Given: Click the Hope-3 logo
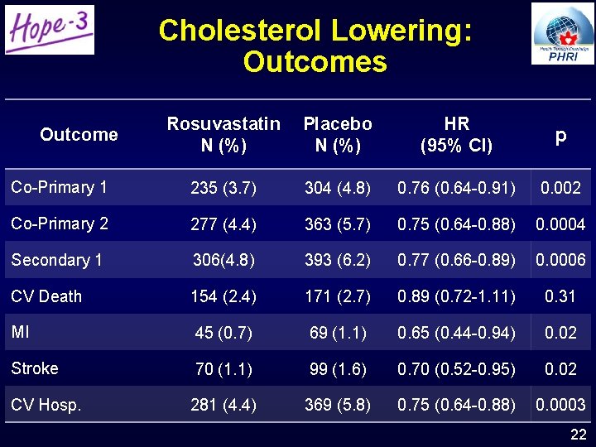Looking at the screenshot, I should pyautogui.click(x=49, y=30).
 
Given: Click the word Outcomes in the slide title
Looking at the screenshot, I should pyautogui.click(x=315, y=62).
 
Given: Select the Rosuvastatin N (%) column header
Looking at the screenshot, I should pyautogui.click(x=223, y=135).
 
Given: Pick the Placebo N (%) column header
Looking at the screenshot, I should pyautogui.click(x=338, y=135).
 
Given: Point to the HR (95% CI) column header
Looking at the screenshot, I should pyautogui.click(x=456, y=135).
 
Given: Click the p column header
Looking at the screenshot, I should pyautogui.click(x=560, y=137).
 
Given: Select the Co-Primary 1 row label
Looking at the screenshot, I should pyautogui.click(x=59, y=187).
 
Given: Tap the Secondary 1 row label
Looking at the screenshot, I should pyautogui.click(x=57, y=260).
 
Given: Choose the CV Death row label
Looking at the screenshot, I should pyautogui.click(x=46, y=296).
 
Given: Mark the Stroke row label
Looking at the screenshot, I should pyautogui.click(x=35, y=368).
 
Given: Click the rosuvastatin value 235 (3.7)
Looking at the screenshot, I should pyautogui.click(x=223, y=189).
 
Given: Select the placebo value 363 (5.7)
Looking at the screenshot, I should pyautogui.click(x=338, y=224).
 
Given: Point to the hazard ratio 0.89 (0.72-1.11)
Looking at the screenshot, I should pyautogui.click(x=456, y=297).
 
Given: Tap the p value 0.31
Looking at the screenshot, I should pyautogui.click(x=560, y=297).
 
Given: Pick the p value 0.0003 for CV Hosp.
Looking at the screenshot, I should pyautogui.click(x=560, y=406).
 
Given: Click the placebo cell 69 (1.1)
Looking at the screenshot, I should pyautogui.click(x=338, y=334).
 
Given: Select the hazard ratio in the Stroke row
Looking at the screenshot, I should pyautogui.click(x=456, y=370).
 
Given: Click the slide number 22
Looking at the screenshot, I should pyautogui.click(x=579, y=435).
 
